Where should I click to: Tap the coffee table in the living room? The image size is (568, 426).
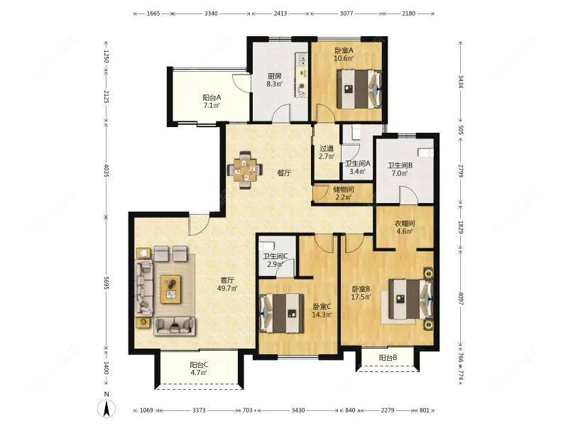click(170, 289)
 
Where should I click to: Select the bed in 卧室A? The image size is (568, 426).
click(359, 89)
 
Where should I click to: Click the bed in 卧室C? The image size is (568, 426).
click(282, 313)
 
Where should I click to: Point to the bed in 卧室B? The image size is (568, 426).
click(411, 299)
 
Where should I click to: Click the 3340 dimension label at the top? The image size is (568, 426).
click(211, 13)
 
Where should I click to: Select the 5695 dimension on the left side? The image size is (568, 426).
click(106, 283)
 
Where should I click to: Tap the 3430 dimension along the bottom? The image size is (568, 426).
click(298, 410)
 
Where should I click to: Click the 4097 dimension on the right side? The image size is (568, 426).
click(461, 298)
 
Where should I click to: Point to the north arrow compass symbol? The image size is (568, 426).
click(106, 405)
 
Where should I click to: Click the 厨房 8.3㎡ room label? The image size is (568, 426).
click(275, 80)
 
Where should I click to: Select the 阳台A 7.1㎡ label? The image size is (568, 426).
click(212, 102)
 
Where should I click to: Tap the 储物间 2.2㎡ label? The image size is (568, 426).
click(343, 193)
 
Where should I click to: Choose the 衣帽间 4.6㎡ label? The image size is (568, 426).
click(404, 227)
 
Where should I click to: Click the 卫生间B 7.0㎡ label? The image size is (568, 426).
click(400, 169)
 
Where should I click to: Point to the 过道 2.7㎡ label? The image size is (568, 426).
click(327, 153)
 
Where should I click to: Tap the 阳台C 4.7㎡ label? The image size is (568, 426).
click(199, 368)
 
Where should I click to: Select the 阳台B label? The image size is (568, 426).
click(388, 359)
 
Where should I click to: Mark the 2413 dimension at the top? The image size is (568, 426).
click(280, 13)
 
